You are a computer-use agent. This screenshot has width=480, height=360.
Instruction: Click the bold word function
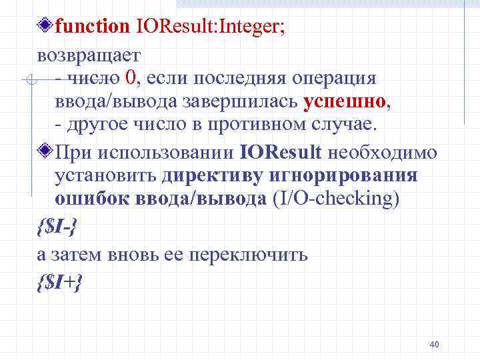[x=93, y=27]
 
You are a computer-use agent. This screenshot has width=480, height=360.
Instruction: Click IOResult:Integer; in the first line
[x=211, y=27]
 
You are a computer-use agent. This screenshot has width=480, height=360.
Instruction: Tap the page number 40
[x=434, y=345]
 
